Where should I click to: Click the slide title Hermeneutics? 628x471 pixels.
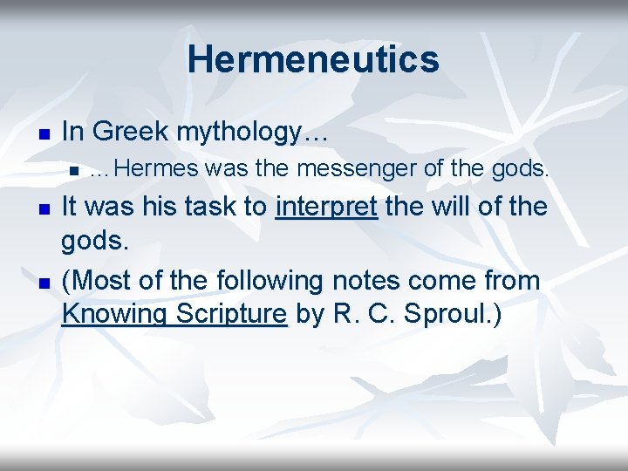(313, 59)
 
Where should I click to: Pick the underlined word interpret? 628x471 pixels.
(326, 208)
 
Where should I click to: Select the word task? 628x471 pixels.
(219, 208)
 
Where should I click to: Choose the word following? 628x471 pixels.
(270, 281)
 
